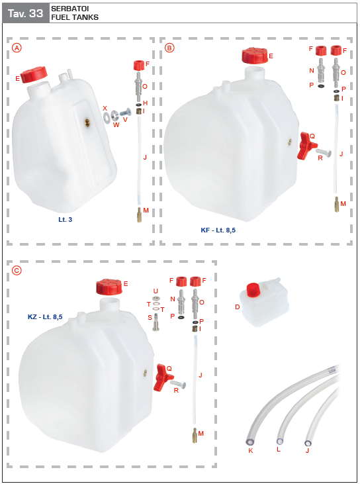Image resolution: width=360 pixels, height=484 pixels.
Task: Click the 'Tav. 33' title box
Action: click(x=25, y=13)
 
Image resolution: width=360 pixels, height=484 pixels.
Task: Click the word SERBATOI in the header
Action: click(x=65, y=9)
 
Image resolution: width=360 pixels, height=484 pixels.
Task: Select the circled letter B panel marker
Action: click(x=169, y=48)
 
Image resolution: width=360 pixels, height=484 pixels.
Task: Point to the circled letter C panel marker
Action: click(x=17, y=269)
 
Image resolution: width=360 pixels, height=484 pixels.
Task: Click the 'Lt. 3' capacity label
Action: click(x=65, y=218)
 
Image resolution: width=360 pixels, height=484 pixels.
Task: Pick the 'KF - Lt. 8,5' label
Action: click(x=218, y=230)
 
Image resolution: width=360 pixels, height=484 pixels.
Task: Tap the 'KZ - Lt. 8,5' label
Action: click(x=45, y=317)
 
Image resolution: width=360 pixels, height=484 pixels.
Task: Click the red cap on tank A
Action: click(x=34, y=75)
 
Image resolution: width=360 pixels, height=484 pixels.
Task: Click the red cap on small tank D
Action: click(x=252, y=290)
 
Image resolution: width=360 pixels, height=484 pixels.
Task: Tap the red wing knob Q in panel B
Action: click(x=305, y=145)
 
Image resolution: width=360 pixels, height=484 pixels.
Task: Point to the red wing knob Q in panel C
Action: click(x=162, y=376)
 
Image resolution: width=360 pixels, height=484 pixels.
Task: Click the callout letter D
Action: click(x=238, y=307)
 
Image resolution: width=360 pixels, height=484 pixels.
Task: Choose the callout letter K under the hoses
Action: click(x=250, y=450)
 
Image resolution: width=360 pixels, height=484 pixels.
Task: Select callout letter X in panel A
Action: click(x=105, y=108)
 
